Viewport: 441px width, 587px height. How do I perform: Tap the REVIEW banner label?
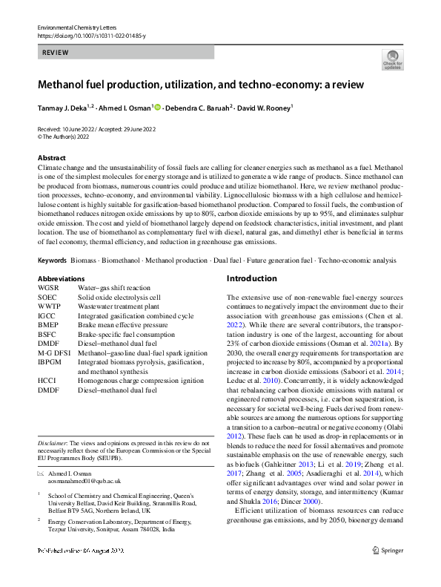tap(56, 53)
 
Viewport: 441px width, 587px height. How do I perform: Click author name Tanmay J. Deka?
tap(62, 108)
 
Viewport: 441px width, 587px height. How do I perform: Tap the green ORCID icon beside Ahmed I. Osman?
tap(157, 108)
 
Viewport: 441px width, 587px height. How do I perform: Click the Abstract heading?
tap(51, 158)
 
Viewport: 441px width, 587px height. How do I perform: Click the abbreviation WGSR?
tap(48, 286)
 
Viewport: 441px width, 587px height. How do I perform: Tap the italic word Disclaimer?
tap(52, 443)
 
